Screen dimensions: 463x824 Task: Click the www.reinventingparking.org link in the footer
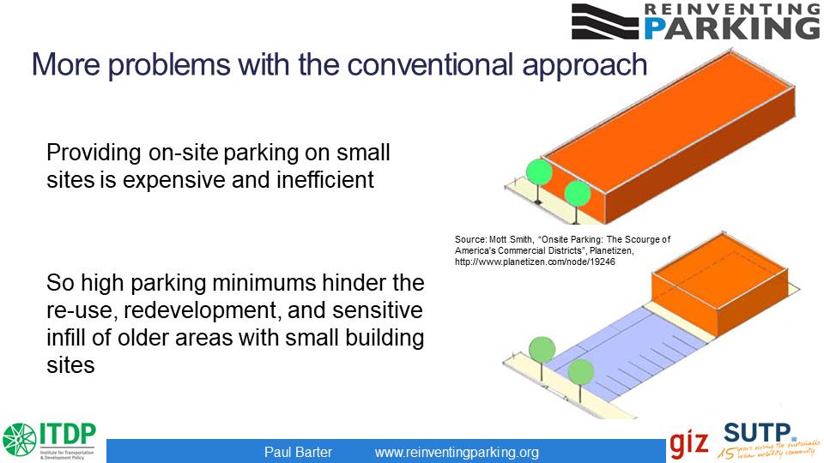(457, 452)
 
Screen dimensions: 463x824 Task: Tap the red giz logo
(689, 442)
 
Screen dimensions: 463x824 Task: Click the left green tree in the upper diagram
(538, 172)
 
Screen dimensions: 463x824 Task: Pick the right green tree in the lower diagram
(581, 372)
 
